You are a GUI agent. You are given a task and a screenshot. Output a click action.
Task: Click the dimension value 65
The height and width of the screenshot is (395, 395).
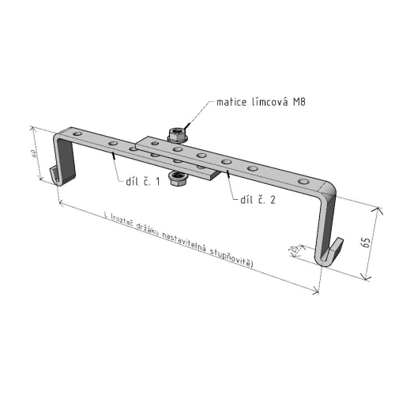pyautogui.click(x=364, y=243)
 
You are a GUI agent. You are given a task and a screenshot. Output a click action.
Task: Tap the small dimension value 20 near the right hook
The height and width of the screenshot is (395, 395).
pyautogui.click(x=292, y=250)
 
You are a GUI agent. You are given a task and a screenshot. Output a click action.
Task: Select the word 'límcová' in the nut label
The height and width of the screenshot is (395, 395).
pyautogui.click(x=270, y=103)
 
